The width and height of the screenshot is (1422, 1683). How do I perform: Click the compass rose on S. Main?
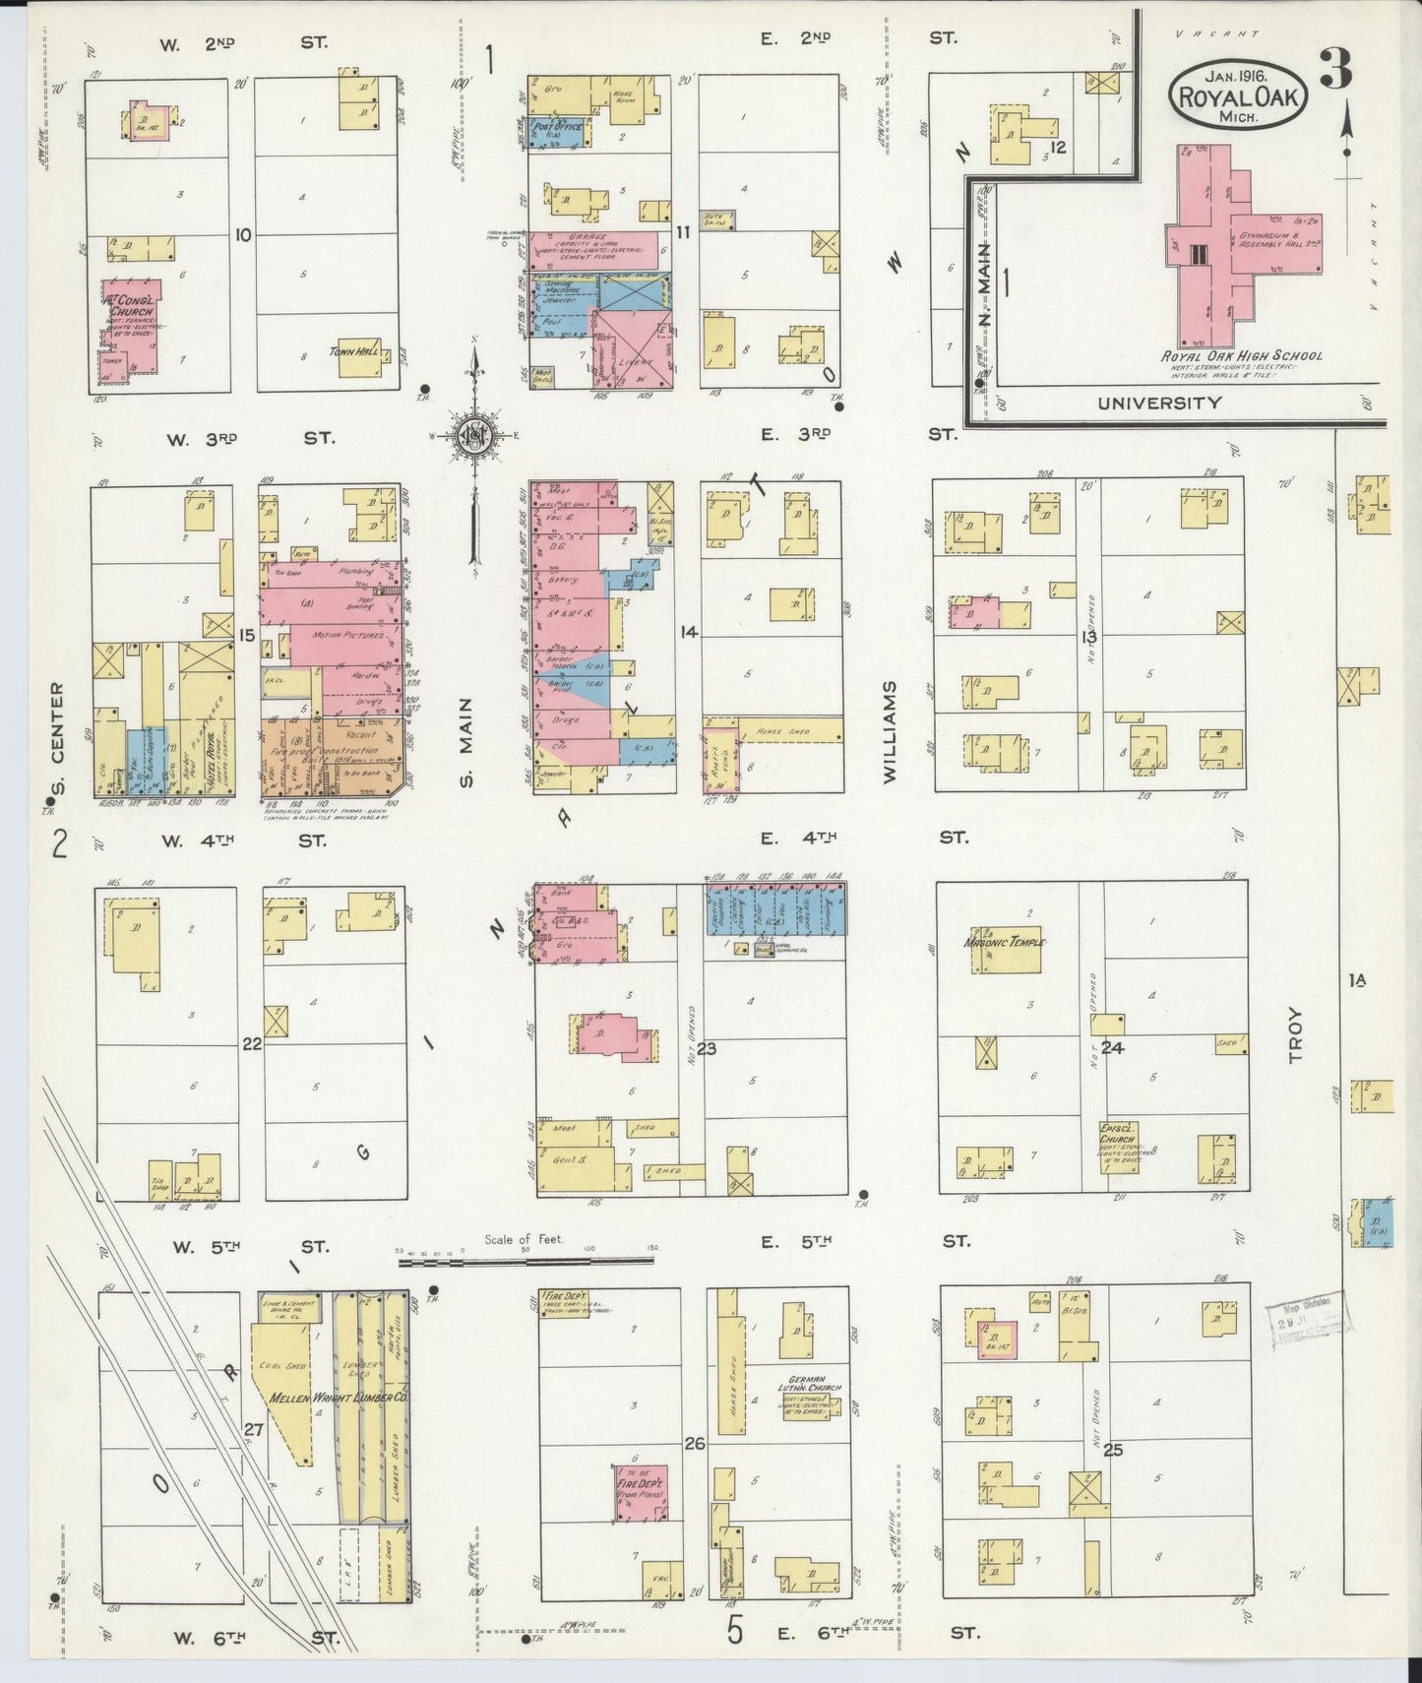(475, 435)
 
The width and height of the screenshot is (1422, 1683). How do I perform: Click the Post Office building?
(557, 133)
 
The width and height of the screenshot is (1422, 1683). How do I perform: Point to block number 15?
(246, 636)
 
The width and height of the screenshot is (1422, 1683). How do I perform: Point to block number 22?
(252, 1043)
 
